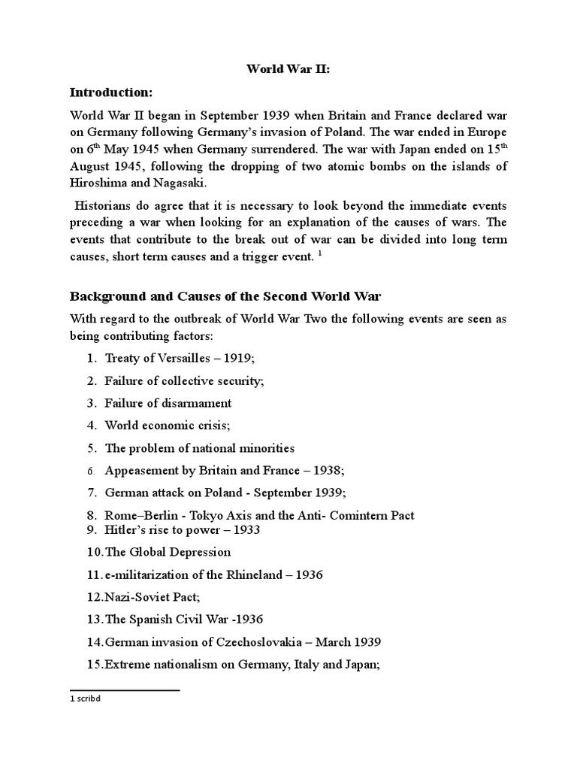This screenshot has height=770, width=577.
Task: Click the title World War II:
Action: click(x=288, y=68)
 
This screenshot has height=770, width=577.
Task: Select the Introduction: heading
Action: click(x=110, y=92)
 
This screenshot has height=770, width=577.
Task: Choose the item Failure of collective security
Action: click(x=184, y=381)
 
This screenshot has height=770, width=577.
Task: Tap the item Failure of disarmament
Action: click(x=168, y=403)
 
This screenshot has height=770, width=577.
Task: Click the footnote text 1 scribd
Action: click(x=84, y=698)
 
